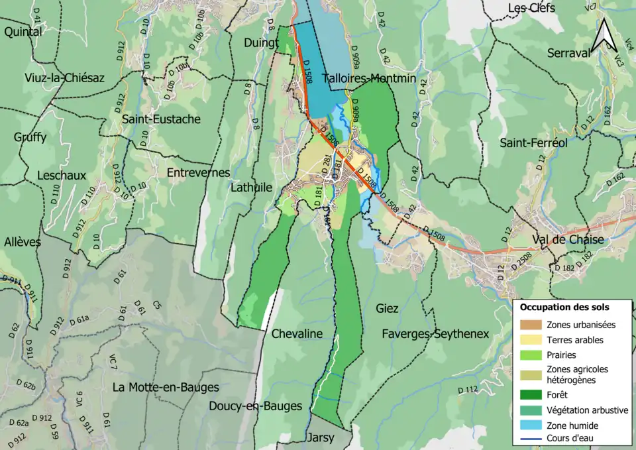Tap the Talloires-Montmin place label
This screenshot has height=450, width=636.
pyautogui.click(x=369, y=79)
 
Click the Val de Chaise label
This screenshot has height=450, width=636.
pyautogui.click(x=568, y=240)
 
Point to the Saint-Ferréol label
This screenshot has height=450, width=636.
pyautogui.click(x=533, y=143)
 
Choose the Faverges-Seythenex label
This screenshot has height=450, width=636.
pyautogui.click(x=435, y=334)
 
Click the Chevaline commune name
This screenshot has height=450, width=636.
pyautogui.click(x=297, y=334)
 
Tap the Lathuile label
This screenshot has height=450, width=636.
pyautogui.click(x=251, y=188)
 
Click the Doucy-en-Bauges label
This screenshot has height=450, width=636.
pyautogui.click(x=255, y=406)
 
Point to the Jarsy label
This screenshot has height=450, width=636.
pyautogui.click(x=321, y=438)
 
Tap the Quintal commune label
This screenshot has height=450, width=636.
pyautogui.click(x=23, y=31)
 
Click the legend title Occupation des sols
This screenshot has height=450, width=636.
pyautogui.click(x=564, y=308)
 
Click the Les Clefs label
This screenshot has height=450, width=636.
pyautogui.click(x=531, y=8)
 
